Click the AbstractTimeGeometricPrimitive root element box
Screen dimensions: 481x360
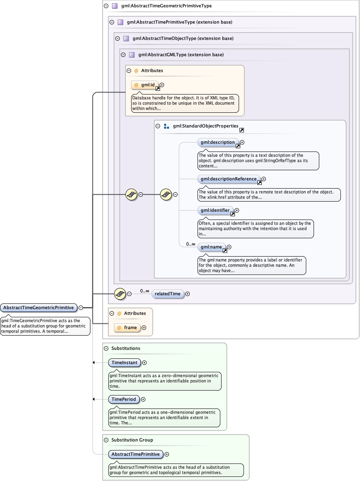tap(39, 307)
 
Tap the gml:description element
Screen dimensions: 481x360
tap(218, 143)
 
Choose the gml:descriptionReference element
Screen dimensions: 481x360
tap(229, 179)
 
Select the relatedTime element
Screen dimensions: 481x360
tap(168, 294)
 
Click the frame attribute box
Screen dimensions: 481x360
tap(127, 327)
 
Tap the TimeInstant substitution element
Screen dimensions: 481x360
tap(125, 362)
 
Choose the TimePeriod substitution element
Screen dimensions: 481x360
tap(124, 399)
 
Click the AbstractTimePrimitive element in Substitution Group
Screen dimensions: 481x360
tap(136, 454)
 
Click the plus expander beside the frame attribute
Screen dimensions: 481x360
tap(144, 327)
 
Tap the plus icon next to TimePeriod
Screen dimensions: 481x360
tap(143, 399)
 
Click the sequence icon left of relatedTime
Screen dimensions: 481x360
tap(119, 294)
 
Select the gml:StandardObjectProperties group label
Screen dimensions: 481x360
tap(205, 126)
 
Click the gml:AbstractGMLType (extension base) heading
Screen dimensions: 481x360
tap(181, 55)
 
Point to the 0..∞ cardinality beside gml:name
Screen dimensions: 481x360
tap(191, 244)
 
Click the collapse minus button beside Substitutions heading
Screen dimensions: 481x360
tap(106, 348)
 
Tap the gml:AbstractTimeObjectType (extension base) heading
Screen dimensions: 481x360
tap(183, 38)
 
